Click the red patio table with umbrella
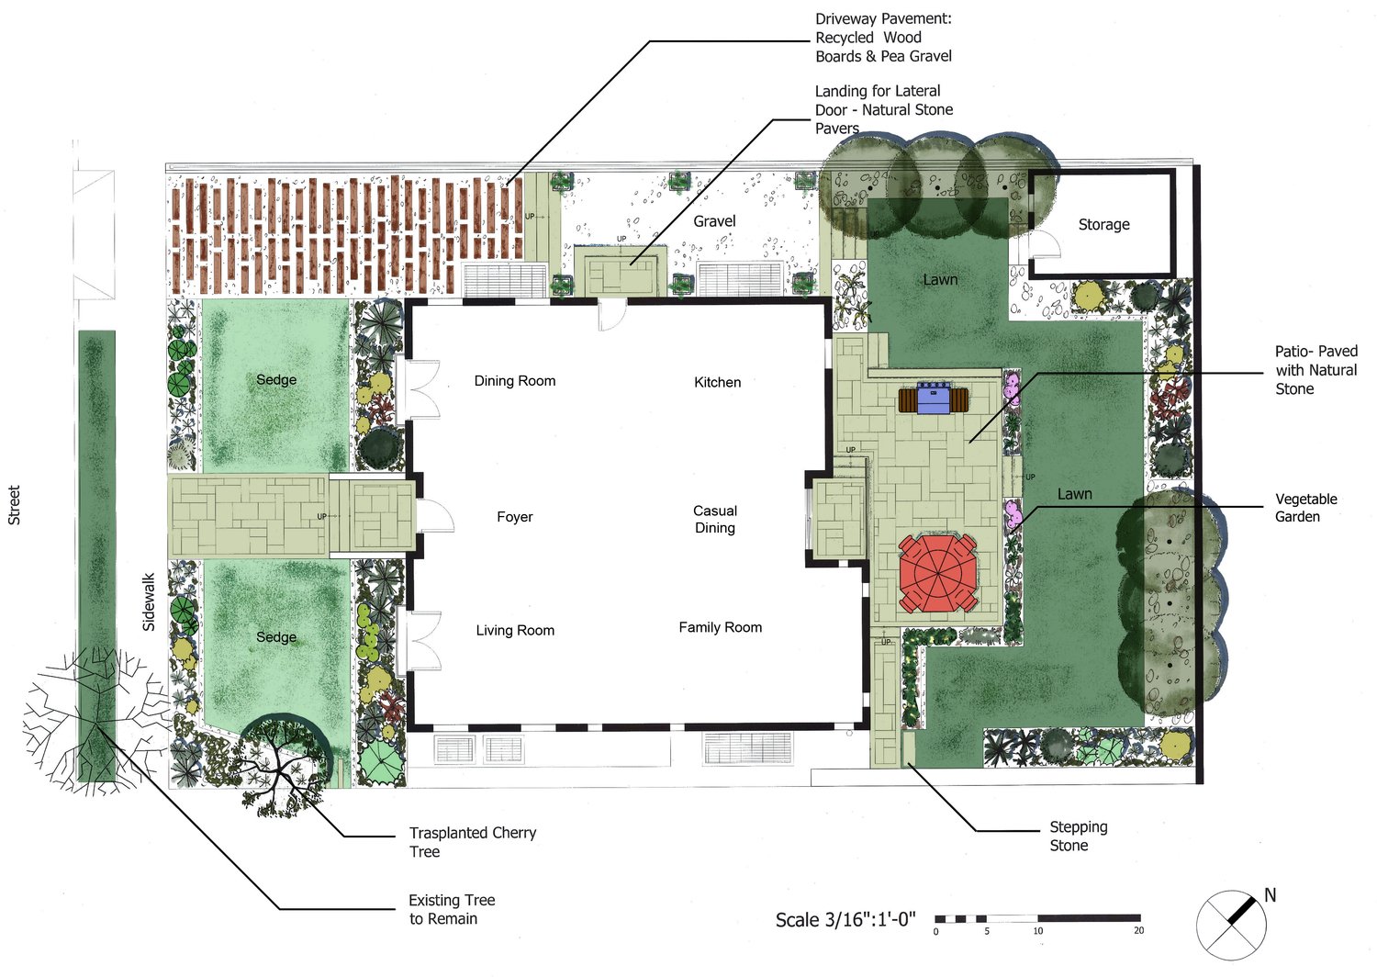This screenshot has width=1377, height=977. point(937,573)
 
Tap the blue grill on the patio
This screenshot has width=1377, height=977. point(935,399)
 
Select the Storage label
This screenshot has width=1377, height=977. point(1104,225)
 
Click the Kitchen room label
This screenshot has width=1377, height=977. point(717,382)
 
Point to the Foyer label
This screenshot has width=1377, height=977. point(514,517)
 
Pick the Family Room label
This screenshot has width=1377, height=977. point(721,628)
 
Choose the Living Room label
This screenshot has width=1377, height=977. point(515,630)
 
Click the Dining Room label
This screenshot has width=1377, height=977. point(514,381)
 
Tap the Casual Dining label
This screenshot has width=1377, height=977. point(715,520)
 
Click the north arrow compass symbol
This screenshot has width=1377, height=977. point(1231,925)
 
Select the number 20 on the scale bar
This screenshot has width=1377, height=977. point(1138,931)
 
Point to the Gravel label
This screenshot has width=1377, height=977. point(714,221)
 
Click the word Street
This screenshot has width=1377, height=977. point(14,505)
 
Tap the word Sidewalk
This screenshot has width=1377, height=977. point(149,602)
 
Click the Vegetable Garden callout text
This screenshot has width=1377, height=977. point(1305,508)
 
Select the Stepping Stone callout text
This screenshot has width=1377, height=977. point(1079,837)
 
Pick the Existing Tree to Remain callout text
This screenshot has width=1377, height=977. point(452,909)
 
